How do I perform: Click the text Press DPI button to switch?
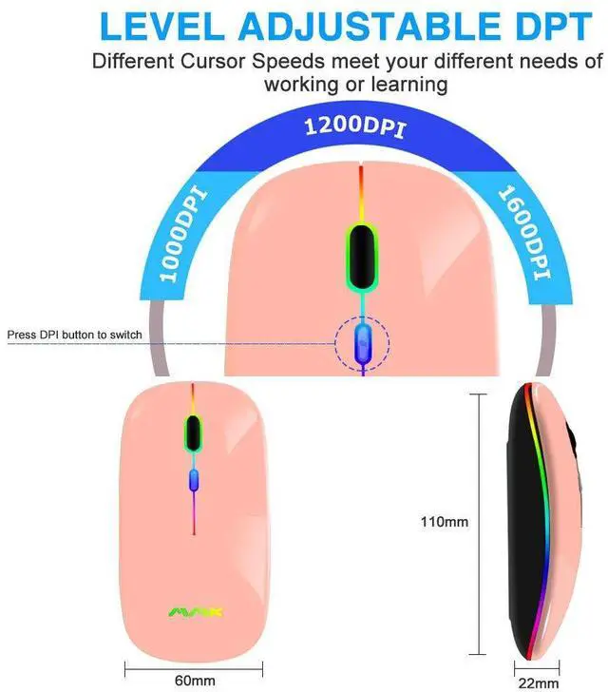(74, 335)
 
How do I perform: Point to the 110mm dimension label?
(445, 521)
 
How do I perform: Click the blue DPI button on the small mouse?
(194, 482)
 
